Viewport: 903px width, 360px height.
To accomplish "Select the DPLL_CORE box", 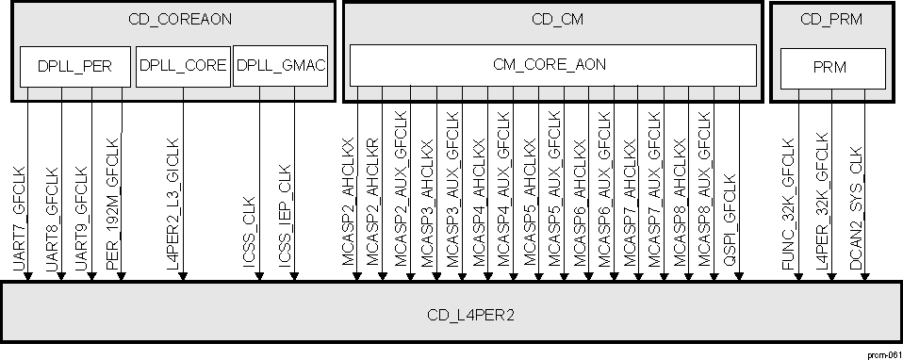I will pos(183,65).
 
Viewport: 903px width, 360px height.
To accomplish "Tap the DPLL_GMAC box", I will pos(279,65).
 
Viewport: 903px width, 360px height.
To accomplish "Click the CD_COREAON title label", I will pos(172,19).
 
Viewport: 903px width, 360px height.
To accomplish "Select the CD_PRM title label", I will pos(832,19).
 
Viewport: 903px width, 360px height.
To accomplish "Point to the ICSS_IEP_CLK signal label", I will pos(286,219).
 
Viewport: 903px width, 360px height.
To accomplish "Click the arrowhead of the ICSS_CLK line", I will pos(260,276).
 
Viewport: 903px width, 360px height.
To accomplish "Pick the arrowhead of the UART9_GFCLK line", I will pos(91,276).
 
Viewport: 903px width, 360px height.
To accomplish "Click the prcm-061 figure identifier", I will pos(882,351).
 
